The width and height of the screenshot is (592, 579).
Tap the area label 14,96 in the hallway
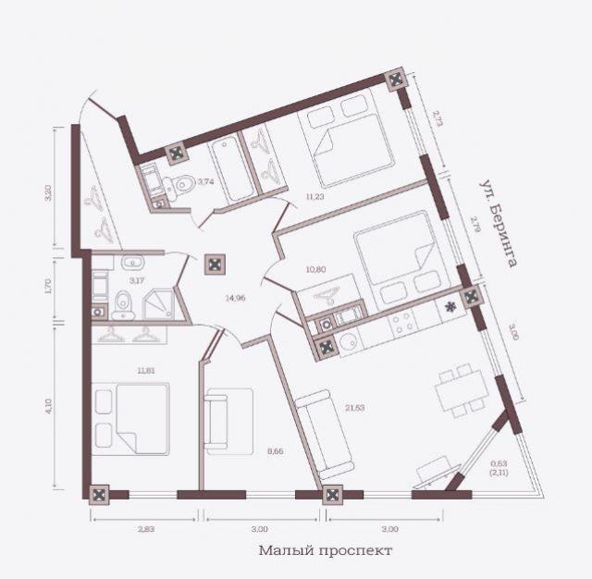tap(236, 298)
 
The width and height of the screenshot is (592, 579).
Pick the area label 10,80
tap(317, 271)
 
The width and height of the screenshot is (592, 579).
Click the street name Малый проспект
tap(326, 550)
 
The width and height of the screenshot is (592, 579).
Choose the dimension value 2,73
tap(438, 119)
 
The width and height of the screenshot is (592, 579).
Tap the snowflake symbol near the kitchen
tap(450, 307)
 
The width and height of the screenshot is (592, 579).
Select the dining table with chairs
tap(459, 388)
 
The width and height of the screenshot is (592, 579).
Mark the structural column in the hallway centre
tap(215, 265)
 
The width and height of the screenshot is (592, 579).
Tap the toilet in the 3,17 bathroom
tap(122, 301)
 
